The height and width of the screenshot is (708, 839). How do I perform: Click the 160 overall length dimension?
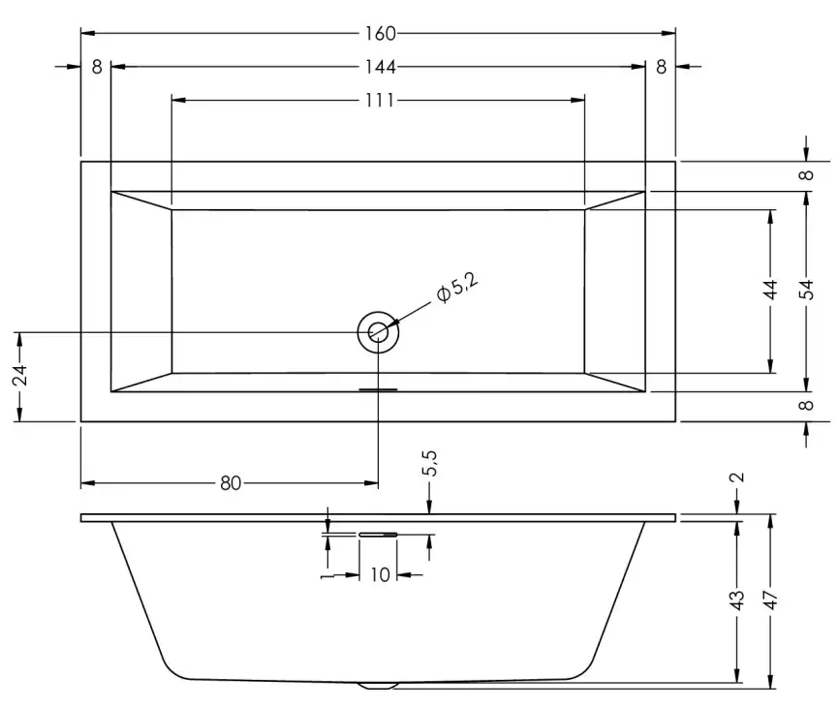coord(380,34)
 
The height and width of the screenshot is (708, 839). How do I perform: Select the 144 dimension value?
coord(381,67)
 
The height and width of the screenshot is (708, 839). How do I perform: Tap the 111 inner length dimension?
coord(380,100)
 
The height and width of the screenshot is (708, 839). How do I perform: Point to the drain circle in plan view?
coord(378,332)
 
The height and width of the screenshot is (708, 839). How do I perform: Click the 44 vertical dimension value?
coord(772,291)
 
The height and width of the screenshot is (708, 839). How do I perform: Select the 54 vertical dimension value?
coord(807,291)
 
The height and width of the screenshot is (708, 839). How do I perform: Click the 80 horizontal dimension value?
coord(230,482)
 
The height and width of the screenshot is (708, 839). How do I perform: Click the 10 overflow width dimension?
coord(380,575)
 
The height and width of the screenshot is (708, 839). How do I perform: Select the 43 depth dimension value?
coord(738,600)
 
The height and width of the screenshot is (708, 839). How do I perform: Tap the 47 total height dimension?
coord(772,600)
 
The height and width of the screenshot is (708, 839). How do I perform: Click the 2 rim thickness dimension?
coord(738,477)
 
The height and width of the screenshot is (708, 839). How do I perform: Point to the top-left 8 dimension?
coord(96,67)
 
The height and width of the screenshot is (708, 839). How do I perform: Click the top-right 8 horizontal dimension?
coord(661,67)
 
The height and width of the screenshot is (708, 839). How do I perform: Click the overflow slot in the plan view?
coord(378,390)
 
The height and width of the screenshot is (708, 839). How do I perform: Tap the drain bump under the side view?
coord(378,686)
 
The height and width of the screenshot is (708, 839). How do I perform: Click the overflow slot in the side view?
coord(378,533)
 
